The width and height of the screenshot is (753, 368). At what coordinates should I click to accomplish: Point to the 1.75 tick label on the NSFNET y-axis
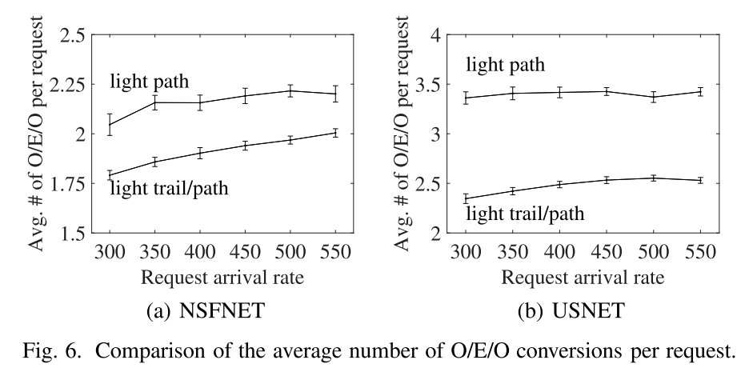point(66,184)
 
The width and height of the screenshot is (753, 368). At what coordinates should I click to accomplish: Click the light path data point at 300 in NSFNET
point(110,124)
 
